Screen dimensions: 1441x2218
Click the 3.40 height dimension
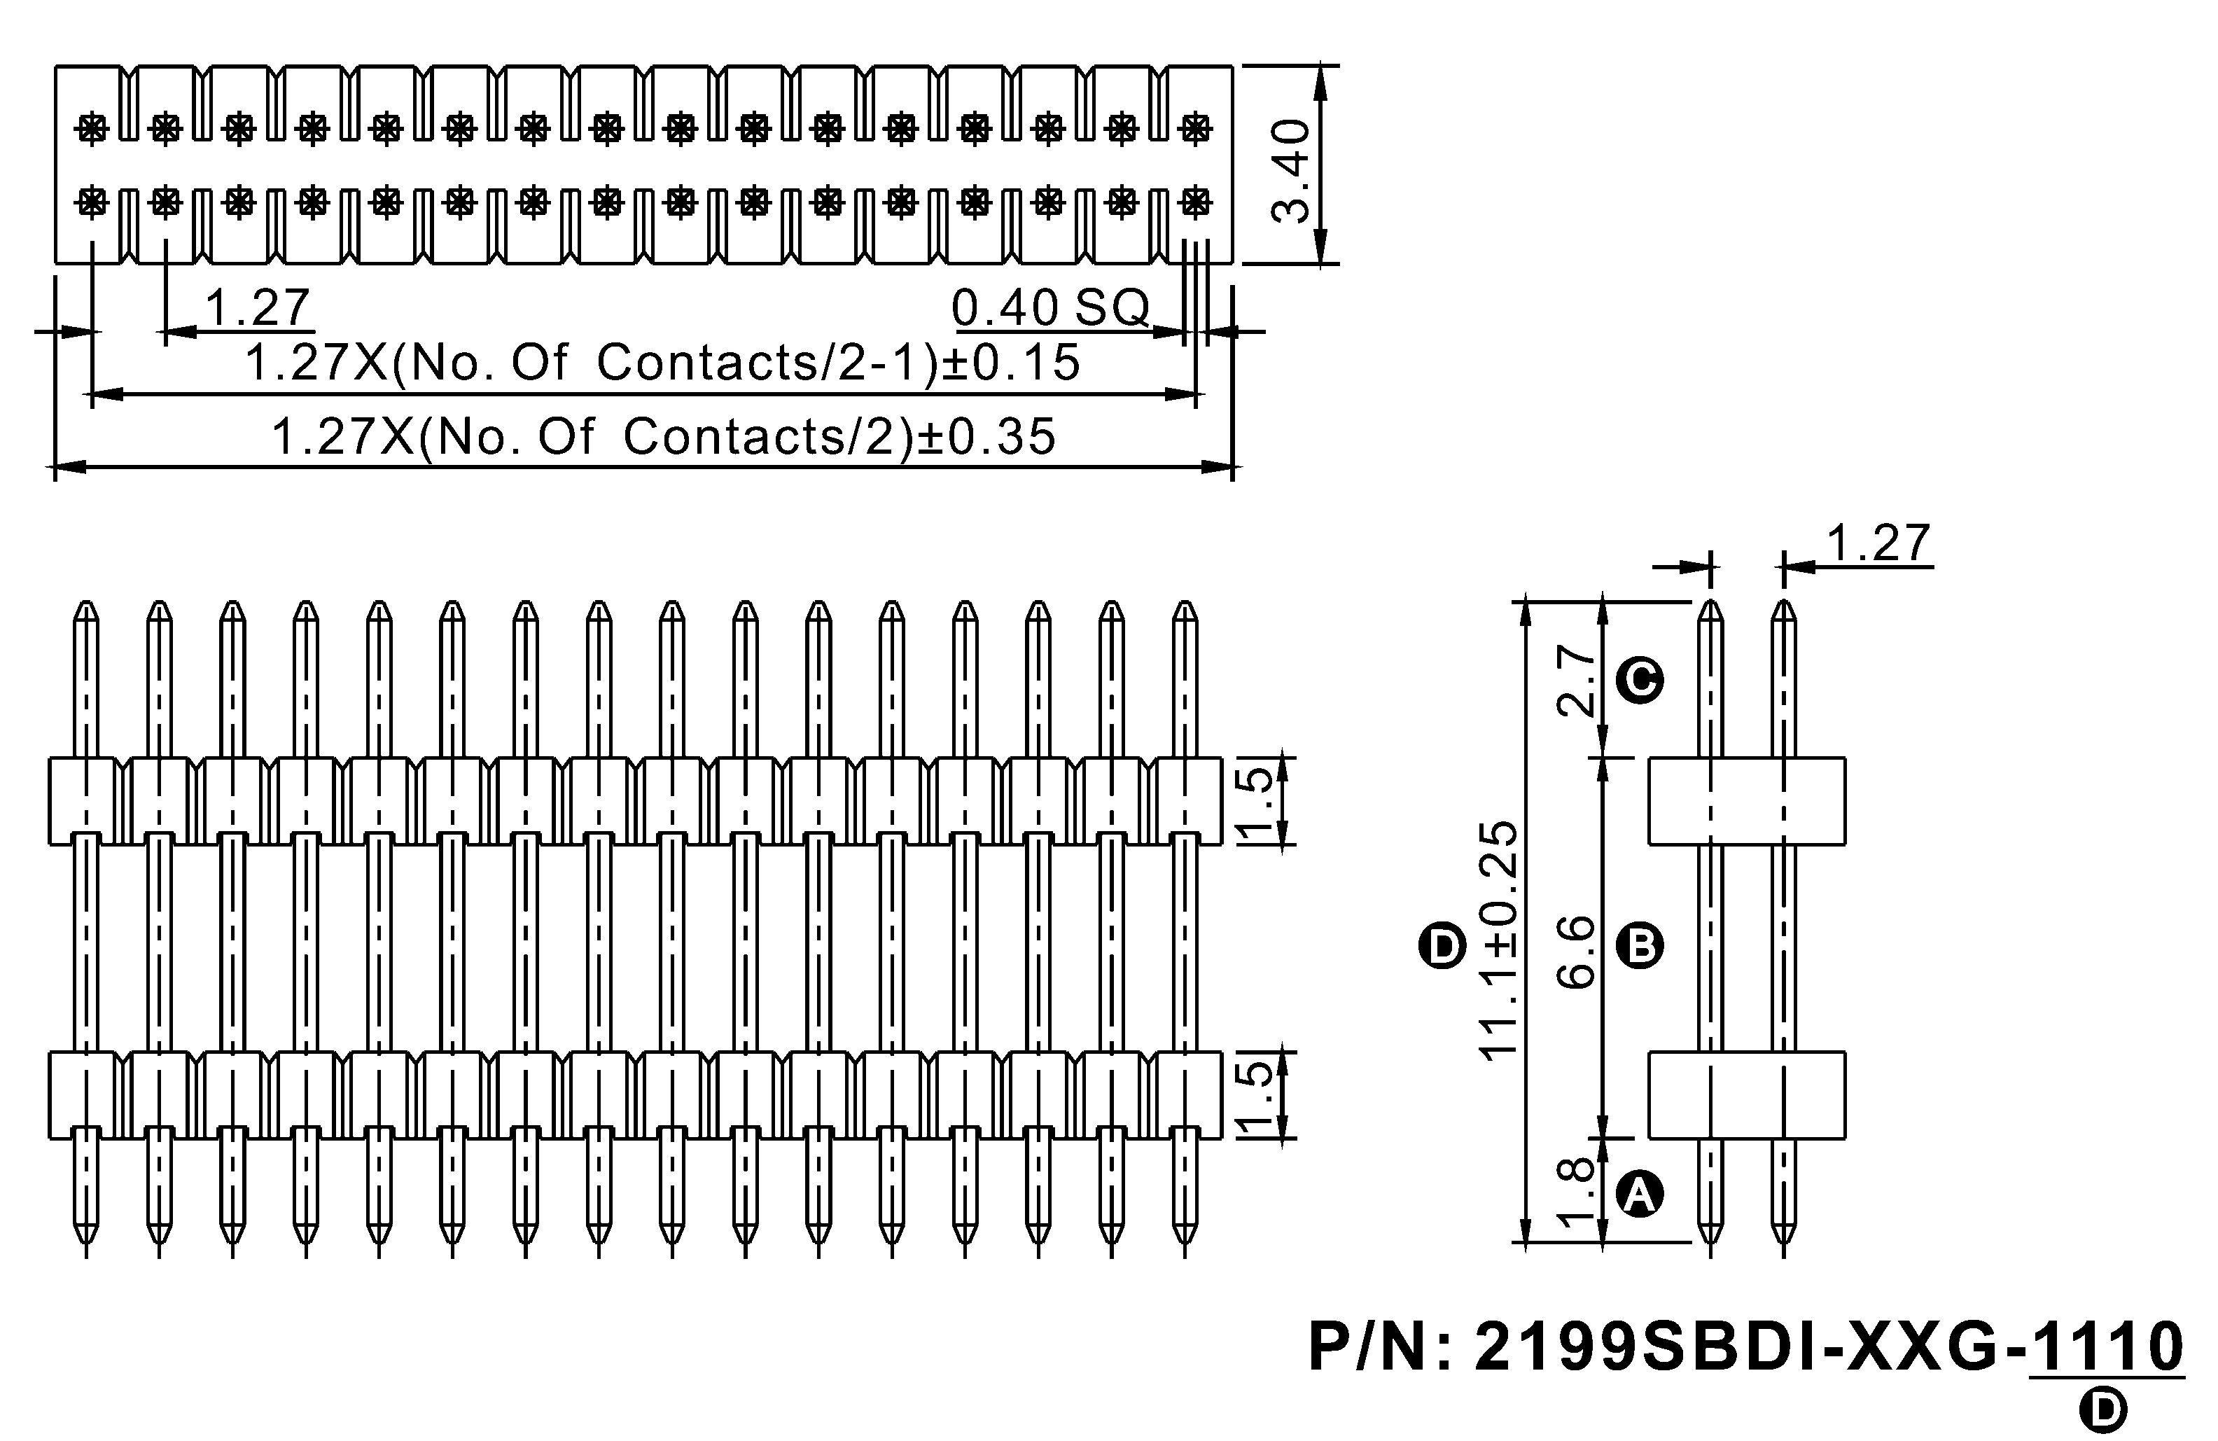pos(1292,171)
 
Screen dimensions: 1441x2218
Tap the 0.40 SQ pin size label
pos(1050,307)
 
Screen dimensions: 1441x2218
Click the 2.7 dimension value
pos(1578,681)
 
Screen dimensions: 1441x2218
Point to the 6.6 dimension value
pos(1578,951)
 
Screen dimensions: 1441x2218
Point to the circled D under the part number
pos(2103,1409)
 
